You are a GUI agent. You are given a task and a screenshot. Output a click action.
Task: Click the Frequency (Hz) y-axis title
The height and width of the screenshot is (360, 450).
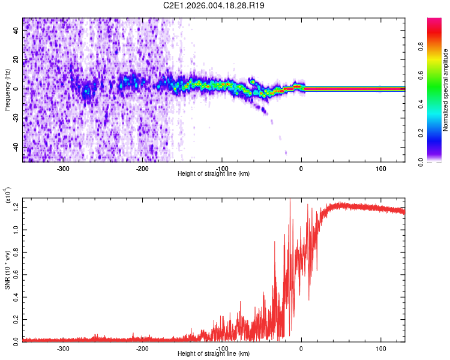7,90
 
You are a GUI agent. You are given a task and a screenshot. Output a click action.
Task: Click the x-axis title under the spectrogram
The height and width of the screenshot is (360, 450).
214,173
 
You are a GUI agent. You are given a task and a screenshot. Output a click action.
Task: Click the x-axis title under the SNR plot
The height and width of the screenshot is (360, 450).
214,353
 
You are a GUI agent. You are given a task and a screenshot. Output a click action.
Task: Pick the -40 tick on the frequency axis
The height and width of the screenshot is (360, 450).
16,147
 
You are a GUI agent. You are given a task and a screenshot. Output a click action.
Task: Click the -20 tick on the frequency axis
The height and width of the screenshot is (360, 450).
16,118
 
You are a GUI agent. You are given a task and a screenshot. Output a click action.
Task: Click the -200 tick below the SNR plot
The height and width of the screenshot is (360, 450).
142,348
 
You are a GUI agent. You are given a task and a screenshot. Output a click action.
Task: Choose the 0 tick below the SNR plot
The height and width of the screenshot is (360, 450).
301,348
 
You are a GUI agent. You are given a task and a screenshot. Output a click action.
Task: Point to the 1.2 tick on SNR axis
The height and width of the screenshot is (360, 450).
16,207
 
